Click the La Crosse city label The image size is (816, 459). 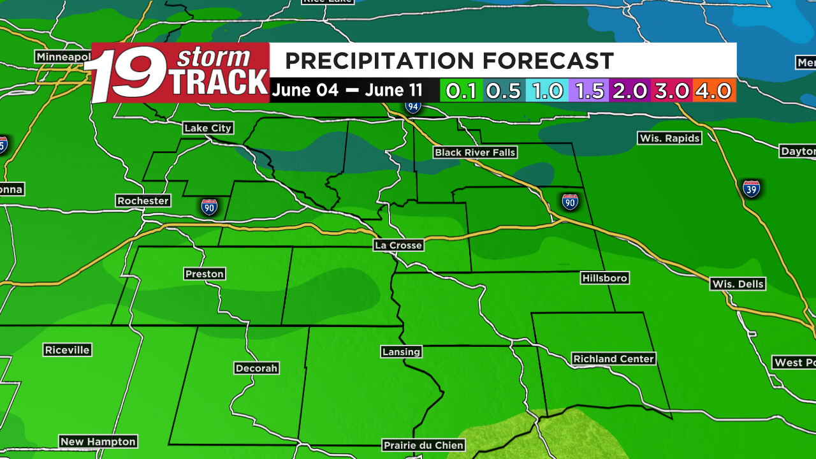pyautogui.click(x=398, y=245)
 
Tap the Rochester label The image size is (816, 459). pyautogui.click(x=143, y=201)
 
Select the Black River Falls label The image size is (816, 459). pyautogui.click(x=475, y=152)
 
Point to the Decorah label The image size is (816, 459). pyautogui.click(x=256, y=368)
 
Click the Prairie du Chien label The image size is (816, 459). pyautogui.click(x=414, y=445)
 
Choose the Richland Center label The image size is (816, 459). pyautogui.click(x=613, y=359)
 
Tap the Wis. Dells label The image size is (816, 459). pyautogui.click(x=738, y=284)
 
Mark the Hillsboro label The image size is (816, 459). pyautogui.click(x=605, y=278)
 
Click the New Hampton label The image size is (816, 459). pyautogui.click(x=98, y=441)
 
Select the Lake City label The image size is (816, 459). pyautogui.click(x=208, y=128)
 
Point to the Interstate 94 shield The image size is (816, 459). pyautogui.click(x=413, y=106)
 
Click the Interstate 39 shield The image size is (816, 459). pyautogui.click(x=752, y=189)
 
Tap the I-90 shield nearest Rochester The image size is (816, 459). pyautogui.click(x=209, y=207)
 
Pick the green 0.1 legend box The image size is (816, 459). pyautogui.click(x=462, y=91)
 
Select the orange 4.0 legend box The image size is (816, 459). pyautogui.click(x=715, y=91)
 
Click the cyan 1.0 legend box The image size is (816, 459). pyautogui.click(x=547, y=91)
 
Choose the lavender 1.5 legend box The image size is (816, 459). pyautogui.click(x=589, y=91)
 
